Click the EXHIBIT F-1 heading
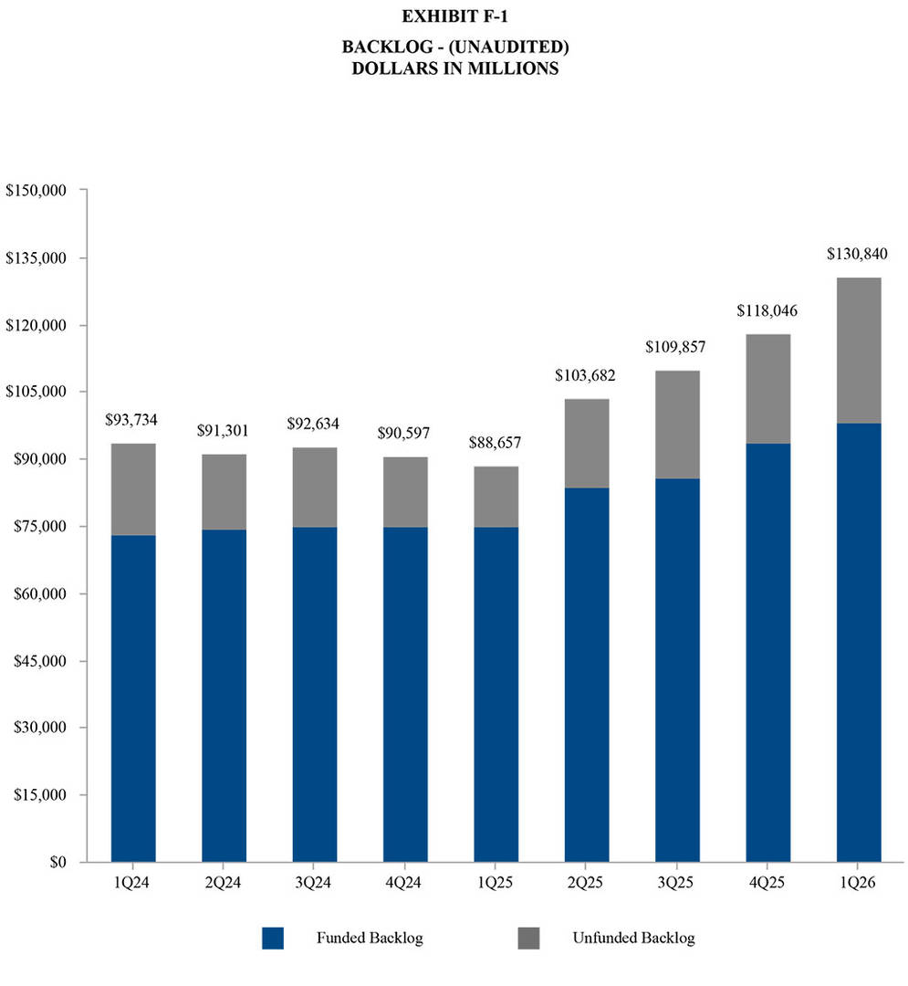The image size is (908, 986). [454, 16]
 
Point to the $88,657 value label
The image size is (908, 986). [496, 443]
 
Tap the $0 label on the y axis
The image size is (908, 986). [57, 862]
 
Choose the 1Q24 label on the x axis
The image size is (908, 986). [133, 884]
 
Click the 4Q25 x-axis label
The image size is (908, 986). [767, 884]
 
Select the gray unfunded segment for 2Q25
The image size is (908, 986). [586, 444]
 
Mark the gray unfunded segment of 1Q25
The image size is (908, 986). [496, 497]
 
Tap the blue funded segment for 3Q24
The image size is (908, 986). [315, 694]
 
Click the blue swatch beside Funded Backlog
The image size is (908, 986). [273, 938]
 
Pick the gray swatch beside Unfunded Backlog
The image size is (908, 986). [528, 938]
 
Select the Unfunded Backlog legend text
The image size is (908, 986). [633, 938]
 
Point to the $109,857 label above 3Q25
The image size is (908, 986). [676, 347]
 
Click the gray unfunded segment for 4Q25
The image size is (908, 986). [767, 389]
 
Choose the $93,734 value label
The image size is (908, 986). [133, 420]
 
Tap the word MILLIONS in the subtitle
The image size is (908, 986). [513, 69]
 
